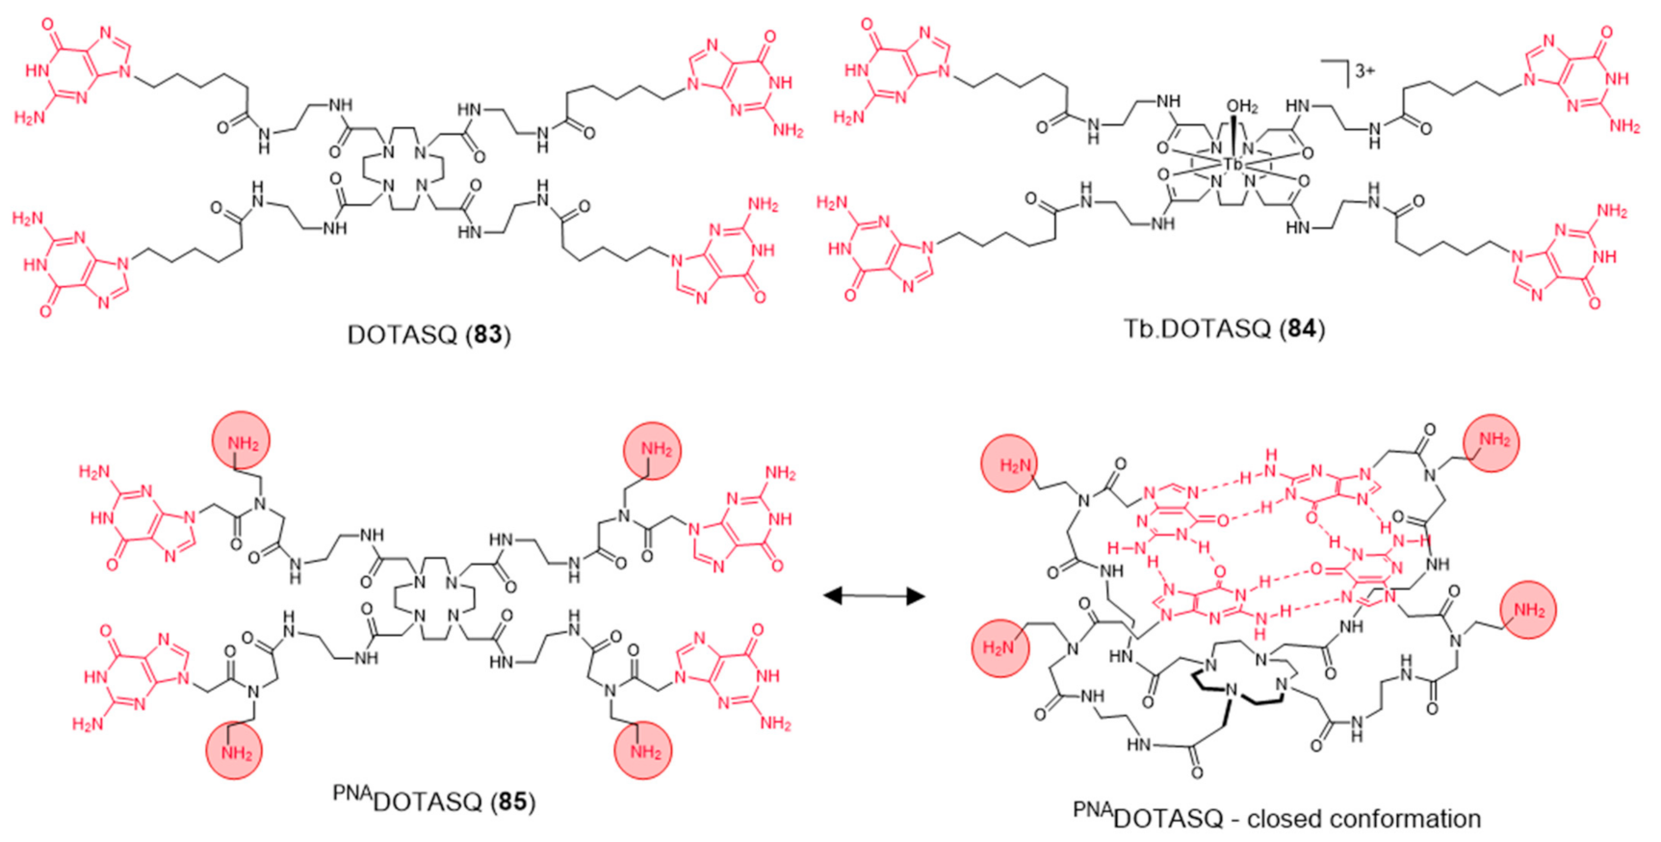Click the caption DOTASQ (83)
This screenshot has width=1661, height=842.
point(428,334)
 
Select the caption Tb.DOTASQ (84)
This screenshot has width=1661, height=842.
point(1224,329)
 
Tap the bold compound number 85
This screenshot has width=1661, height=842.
point(511,802)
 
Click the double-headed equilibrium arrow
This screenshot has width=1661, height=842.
point(874,596)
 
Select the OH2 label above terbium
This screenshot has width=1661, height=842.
point(1242,107)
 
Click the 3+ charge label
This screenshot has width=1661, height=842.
point(1364,70)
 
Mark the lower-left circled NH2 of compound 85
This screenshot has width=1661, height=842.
point(234,752)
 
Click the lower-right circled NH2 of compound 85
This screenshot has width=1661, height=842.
point(643,750)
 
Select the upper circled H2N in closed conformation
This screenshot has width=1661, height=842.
point(1010,466)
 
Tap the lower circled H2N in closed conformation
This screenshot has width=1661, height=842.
point(1000,646)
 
